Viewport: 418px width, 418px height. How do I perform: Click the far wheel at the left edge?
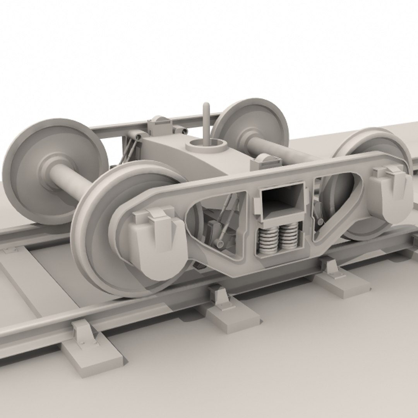click(x=50, y=170)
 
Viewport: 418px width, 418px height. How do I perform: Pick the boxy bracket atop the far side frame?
click(x=160, y=124)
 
